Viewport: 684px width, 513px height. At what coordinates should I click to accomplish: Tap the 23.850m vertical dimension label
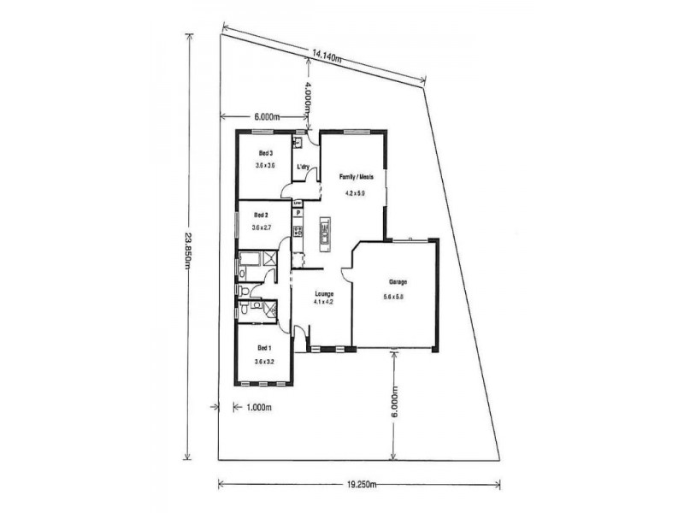point(186,248)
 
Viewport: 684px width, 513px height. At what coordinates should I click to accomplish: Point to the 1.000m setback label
point(258,408)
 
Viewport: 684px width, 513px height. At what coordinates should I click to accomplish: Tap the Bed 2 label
point(261,215)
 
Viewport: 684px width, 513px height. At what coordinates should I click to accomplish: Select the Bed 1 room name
point(264,348)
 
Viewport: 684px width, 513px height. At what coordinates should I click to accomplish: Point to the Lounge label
point(323,293)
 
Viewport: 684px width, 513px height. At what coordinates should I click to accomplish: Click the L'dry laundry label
point(302,167)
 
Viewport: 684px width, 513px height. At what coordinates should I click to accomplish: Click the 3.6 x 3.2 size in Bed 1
point(264,362)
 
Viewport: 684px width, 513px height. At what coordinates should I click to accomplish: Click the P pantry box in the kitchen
point(298,215)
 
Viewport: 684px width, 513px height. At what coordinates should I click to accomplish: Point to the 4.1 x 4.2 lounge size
point(323,302)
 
